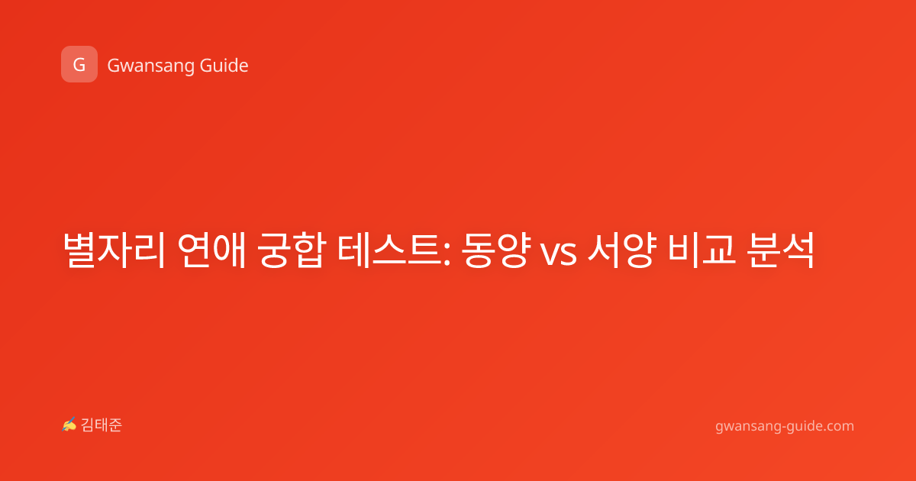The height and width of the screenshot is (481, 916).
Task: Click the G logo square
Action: pyautogui.click(x=79, y=64)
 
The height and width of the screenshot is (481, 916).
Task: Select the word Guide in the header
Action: pyautogui.click(x=224, y=66)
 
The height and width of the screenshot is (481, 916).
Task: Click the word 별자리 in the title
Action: pyautogui.click(x=114, y=250)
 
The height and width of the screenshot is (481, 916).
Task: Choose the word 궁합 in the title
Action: pyautogui.click(x=292, y=250)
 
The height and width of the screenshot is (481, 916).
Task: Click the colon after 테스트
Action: pyautogui.click(x=447, y=253)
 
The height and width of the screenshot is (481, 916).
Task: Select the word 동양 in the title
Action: pyautogui.click(x=496, y=250)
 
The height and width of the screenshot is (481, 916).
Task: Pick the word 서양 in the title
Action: pyautogui.click(x=621, y=250)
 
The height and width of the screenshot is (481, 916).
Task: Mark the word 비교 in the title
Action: pyautogui.click(x=702, y=250)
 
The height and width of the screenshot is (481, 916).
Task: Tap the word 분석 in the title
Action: pyautogui.click(x=781, y=250)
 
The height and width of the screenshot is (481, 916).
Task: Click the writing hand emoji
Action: pyautogui.click(x=69, y=425)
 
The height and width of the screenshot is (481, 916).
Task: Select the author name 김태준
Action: pyautogui.click(x=102, y=425)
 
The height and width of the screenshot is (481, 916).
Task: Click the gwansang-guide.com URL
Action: pyautogui.click(x=785, y=427)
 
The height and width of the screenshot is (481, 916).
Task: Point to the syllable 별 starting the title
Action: pyautogui.click(x=79, y=250)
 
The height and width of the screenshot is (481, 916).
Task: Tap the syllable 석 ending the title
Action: pyautogui.click(x=798, y=250)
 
